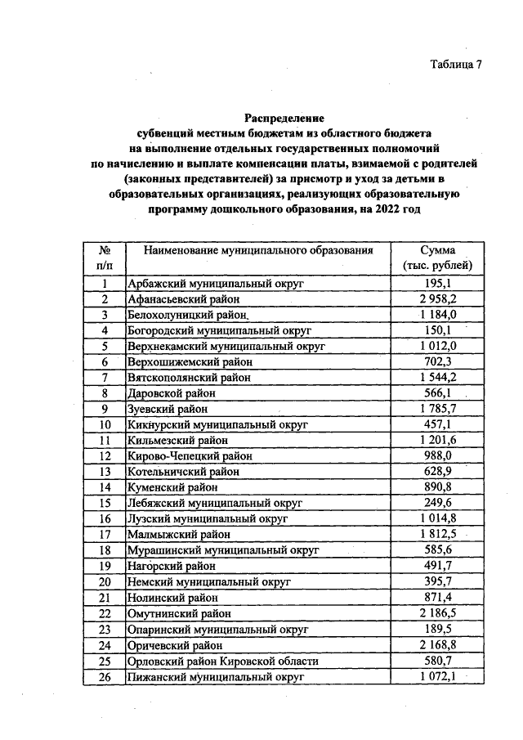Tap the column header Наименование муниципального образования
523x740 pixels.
256,250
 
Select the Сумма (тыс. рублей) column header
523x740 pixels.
437,258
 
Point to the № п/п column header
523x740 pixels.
105,258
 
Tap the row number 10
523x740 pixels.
105,424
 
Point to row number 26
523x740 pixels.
105,676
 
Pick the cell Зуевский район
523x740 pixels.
168,409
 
